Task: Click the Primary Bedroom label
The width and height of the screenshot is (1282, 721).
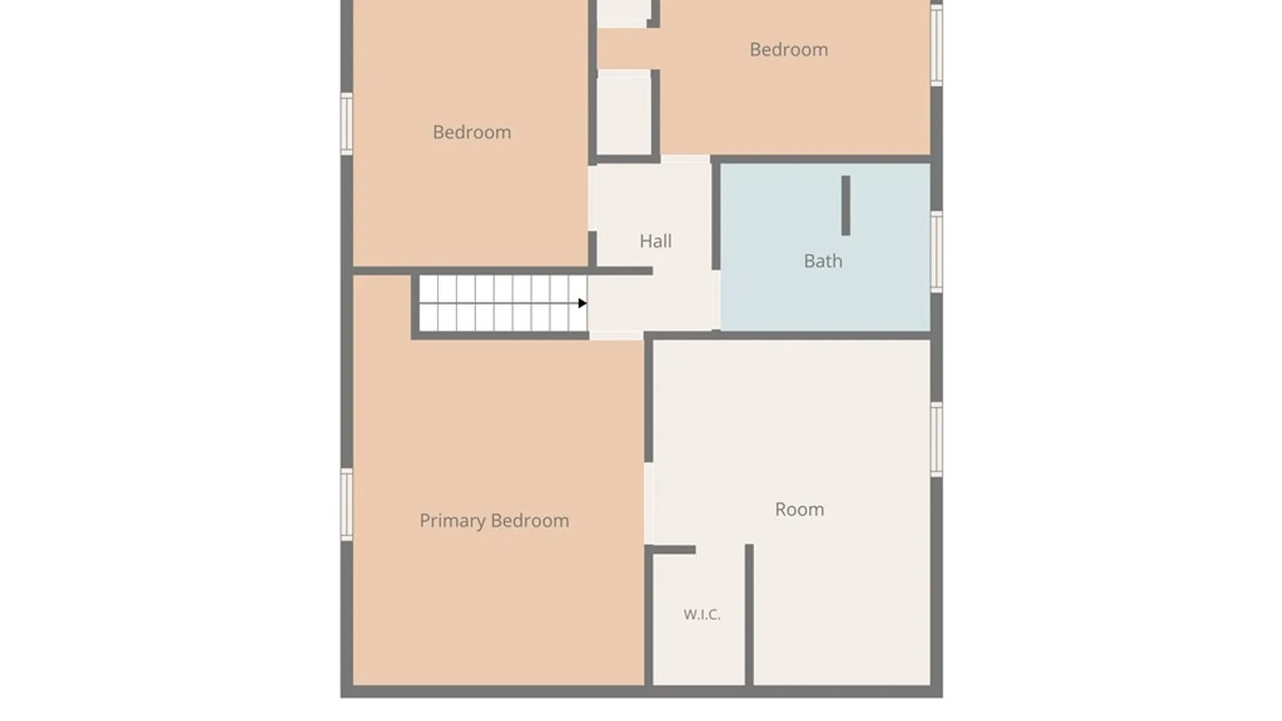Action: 494,521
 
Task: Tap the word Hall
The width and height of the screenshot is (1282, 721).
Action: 656,241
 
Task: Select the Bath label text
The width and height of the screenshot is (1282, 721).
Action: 823,261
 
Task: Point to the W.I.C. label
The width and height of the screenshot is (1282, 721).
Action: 702,614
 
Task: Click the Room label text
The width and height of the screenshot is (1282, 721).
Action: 799,509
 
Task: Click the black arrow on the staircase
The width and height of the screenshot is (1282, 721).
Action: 582,303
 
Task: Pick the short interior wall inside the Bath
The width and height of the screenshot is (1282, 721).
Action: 846,206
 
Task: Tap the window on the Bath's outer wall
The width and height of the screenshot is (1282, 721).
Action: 937,252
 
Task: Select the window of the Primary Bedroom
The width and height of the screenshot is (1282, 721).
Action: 347,505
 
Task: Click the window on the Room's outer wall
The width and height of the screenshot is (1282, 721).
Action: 937,439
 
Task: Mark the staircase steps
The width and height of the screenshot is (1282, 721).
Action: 503,303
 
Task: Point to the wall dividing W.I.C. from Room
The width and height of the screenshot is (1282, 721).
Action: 749,614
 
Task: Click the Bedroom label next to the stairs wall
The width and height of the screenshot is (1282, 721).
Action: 472,132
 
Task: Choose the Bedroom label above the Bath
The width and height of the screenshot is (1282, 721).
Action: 789,49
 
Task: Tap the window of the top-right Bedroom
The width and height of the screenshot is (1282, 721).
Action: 937,45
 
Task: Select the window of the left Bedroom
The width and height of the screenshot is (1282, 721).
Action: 347,124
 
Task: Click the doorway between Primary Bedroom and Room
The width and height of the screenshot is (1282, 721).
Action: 648,503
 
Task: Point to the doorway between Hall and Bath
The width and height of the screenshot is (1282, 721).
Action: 715,300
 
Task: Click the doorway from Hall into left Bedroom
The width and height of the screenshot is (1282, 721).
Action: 592,198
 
